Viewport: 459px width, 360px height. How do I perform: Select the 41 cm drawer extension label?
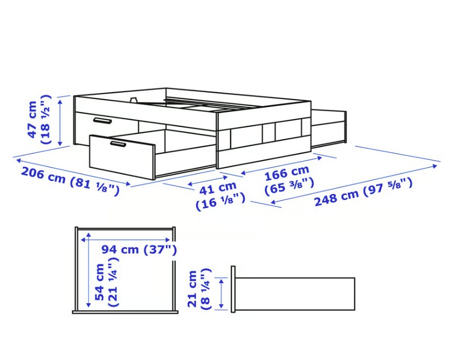point(220,196)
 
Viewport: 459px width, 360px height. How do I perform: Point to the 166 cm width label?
point(289,179)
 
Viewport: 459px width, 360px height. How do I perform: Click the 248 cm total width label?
point(363,192)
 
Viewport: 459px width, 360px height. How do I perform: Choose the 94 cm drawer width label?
point(139,250)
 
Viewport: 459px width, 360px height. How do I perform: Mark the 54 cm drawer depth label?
point(107,282)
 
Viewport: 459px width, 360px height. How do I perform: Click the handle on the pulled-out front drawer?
point(118,144)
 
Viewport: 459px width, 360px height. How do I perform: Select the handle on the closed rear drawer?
point(102,121)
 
